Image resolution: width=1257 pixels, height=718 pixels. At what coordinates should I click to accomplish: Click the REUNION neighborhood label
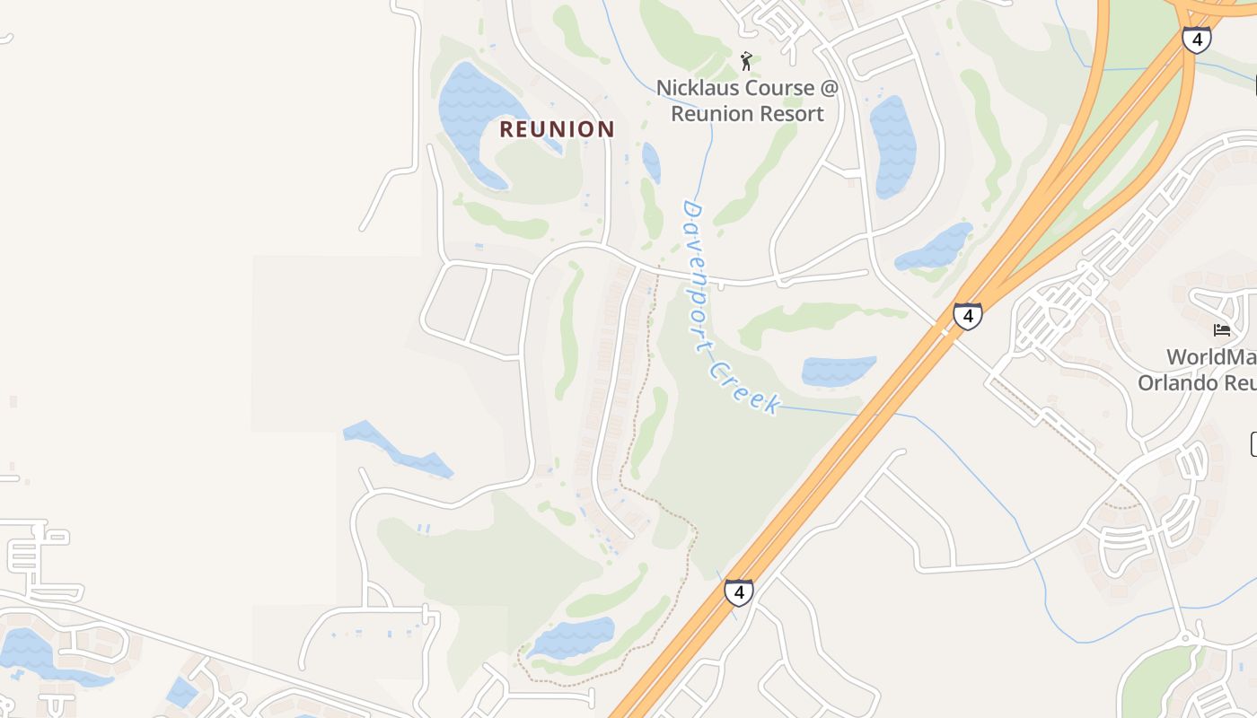coord(557,129)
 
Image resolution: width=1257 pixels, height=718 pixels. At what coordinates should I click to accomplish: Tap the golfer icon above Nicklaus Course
coord(746,61)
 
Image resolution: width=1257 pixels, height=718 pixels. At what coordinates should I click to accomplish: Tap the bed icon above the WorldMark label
coord(1221,330)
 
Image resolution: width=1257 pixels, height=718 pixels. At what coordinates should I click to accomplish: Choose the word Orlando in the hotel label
coord(1175,382)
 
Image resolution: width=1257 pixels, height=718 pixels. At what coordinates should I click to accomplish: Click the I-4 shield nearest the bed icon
coord(967,316)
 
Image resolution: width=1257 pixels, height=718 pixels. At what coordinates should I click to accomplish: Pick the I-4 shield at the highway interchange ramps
coord(1196,39)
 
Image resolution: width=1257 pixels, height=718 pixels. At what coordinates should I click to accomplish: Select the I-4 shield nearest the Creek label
coord(738,592)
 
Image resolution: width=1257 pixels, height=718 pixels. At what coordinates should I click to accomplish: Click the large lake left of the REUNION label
coord(471,112)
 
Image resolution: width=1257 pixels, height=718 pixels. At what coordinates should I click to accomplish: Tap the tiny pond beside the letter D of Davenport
coord(651,162)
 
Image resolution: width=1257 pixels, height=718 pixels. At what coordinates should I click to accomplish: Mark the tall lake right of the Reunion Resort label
coord(892,146)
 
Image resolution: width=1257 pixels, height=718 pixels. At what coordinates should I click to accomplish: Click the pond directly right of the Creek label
coord(838,371)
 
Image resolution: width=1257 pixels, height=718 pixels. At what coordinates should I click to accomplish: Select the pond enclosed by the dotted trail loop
coord(572,637)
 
